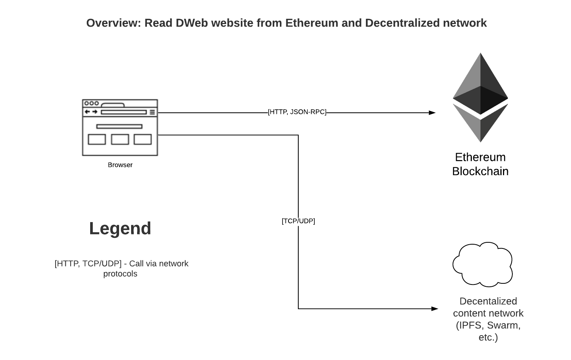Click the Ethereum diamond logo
(x=480, y=97)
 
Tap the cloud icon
(x=482, y=265)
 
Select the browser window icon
(x=120, y=127)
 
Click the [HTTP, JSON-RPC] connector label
(x=297, y=112)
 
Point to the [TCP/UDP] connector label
(x=298, y=221)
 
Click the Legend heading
(x=120, y=228)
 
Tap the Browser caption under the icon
(x=120, y=165)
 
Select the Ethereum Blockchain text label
(x=480, y=164)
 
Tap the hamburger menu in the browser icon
(x=152, y=112)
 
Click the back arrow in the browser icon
(x=87, y=112)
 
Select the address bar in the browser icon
(x=124, y=112)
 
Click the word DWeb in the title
(x=192, y=23)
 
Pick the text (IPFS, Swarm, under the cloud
(x=488, y=325)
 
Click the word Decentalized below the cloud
(x=488, y=301)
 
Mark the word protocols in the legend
(x=120, y=274)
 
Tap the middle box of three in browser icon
(x=120, y=139)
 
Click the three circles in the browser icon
(x=91, y=103)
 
